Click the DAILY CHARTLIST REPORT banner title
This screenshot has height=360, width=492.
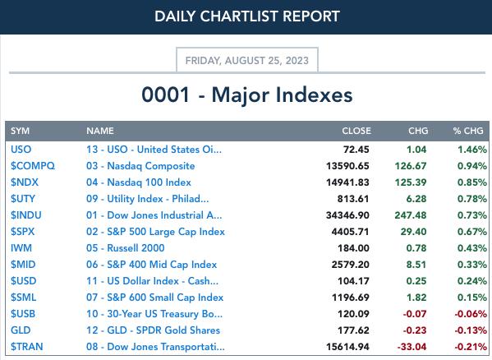pos(247,16)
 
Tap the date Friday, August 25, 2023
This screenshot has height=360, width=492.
pos(247,60)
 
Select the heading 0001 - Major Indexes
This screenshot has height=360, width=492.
pos(247,95)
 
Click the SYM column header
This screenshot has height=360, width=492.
pos(20,131)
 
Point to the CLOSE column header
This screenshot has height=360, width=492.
pos(356,131)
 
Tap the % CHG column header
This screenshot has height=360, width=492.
pos(468,131)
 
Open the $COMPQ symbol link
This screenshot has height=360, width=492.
pos(33,166)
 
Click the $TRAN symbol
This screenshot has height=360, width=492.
pos(26,347)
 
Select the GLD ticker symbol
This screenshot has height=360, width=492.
pos(21,330)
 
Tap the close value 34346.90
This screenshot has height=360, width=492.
pos(347,215)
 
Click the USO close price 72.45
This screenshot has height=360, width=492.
pos(356,150)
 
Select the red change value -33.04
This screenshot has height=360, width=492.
pos(412,347)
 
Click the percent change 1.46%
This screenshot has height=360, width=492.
pos(472,150)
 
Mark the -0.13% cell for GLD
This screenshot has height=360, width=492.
pos(471,330)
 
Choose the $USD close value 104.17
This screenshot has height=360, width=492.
pos(353,281)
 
